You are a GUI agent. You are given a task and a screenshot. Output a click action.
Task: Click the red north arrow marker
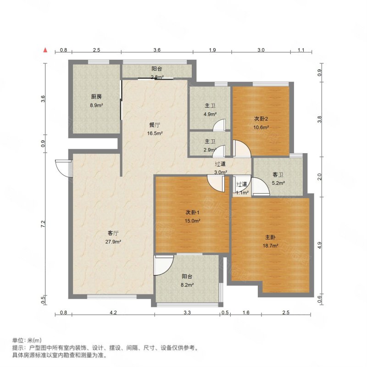click(45, 50)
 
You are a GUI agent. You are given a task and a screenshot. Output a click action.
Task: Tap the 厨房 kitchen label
click(96, 97)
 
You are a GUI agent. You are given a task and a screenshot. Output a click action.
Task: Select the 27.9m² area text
click(113, 242)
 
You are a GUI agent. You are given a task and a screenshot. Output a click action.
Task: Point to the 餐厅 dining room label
click(155, 125)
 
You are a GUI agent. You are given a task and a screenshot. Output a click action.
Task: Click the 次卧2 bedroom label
click(261, 119)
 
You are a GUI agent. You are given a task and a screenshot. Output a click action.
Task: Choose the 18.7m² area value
click(270, 246)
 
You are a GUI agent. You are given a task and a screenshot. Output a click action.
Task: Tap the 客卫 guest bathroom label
click(278, 175)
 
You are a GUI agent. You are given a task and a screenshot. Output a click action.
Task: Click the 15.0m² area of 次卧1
click(192, 221)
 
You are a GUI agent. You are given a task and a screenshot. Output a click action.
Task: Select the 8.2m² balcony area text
click(187, 285)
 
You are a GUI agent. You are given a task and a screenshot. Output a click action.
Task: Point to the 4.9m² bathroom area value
click(210, 114)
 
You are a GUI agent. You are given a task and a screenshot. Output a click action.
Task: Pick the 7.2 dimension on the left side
click(43, 224)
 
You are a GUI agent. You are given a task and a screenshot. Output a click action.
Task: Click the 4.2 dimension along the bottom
click(113, 312)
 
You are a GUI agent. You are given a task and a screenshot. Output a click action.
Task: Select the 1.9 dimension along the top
click(212, 50)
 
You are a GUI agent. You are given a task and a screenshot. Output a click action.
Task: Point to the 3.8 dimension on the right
click(320, 119)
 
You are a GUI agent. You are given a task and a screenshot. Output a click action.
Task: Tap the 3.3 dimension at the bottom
click(187, 312)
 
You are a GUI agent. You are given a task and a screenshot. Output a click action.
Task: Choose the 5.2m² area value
click(278, 183)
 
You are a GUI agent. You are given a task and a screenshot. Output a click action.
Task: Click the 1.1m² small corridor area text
click(242, 193)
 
